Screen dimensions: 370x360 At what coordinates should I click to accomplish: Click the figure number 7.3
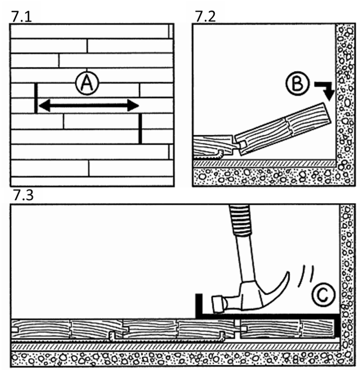pos(22,196)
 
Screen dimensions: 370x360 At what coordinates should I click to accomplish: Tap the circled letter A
pos(85,83)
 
